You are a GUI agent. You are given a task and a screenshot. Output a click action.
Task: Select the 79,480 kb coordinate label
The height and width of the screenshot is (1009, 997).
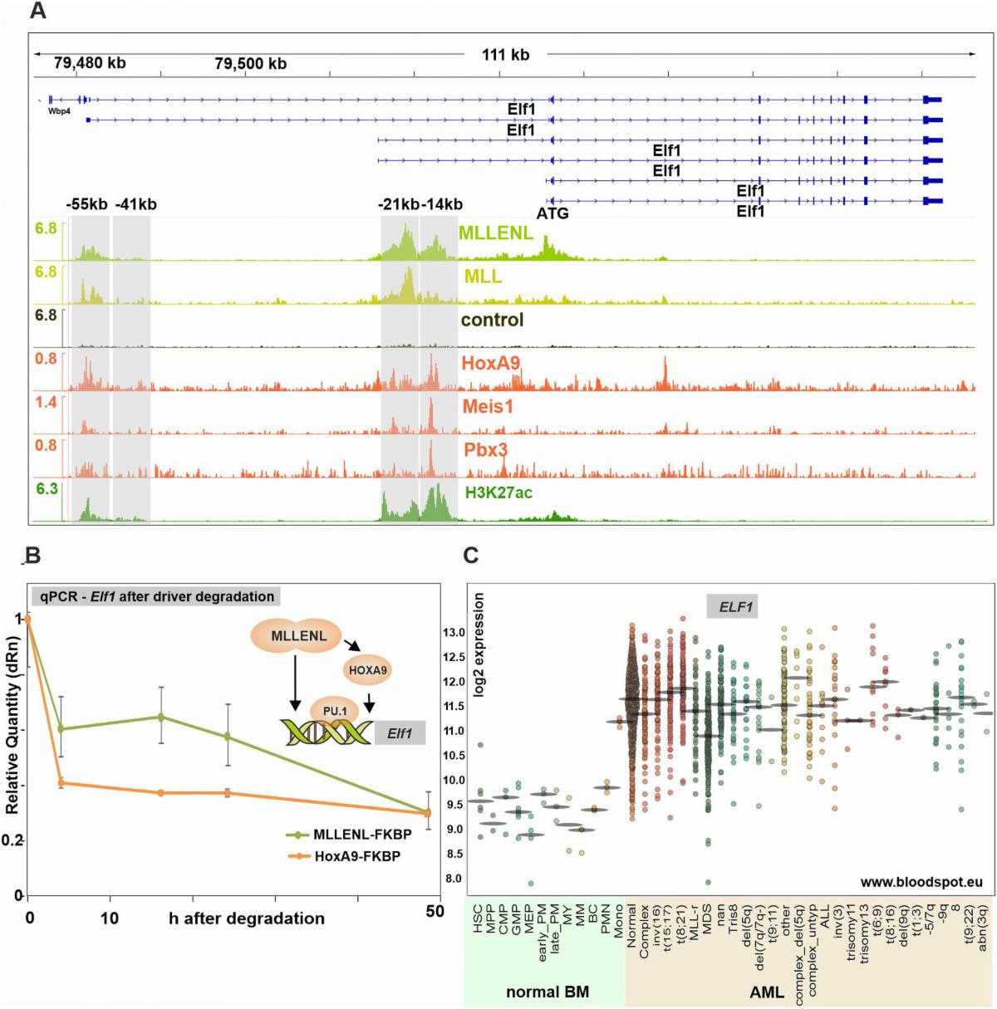(x=90, y=63)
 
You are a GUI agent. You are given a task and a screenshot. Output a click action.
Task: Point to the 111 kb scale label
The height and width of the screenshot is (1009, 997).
(x=505, y=55)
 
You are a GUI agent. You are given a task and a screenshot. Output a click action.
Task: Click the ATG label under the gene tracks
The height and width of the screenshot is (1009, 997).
(x=553, y=213)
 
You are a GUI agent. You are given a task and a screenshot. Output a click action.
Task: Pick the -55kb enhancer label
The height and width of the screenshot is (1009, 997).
(x=87, y=204)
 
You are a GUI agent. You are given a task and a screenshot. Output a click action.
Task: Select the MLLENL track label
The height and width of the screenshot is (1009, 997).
(x=496, y=233)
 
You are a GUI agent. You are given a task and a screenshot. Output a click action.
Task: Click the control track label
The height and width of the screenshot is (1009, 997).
(x=492, y=320)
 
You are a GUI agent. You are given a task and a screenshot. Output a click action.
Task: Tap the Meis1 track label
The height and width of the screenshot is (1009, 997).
(x=489, y=407)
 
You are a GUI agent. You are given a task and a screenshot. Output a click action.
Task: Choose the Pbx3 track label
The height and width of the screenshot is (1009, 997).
(x=486, y=450)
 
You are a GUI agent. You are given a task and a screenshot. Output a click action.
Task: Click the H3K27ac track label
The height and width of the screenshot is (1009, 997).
(x=499, y=493)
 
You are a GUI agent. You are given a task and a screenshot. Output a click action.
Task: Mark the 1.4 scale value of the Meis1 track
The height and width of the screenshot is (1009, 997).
(x=47, y=402)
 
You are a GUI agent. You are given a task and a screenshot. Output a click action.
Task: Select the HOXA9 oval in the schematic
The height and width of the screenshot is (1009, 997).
(x=367, y=670)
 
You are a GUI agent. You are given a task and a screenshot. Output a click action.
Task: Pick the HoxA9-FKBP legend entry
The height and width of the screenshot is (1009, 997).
(x=357, y=856)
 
